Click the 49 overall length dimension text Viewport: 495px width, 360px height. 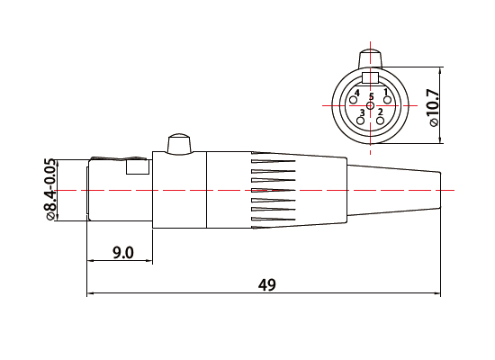click(x=266, y=284)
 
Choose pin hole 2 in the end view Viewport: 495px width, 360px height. click(x=380, y=120)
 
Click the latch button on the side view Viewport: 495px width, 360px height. click(x=177, y=144)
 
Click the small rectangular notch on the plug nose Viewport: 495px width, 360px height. click(x=138, y=166)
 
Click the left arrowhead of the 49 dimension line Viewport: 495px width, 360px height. click(x=91, y=294)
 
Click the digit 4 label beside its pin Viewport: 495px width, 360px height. click(x=358, y=93)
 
